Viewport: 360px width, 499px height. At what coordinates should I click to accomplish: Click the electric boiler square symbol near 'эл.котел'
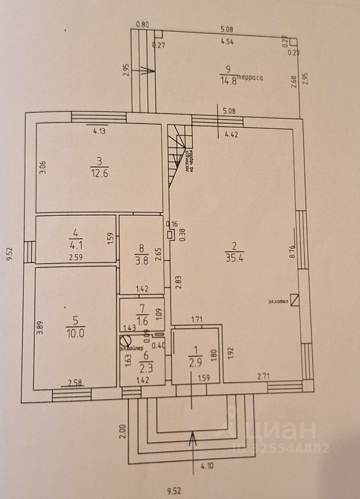(295, 300)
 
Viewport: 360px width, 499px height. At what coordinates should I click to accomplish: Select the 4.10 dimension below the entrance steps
(208, 466)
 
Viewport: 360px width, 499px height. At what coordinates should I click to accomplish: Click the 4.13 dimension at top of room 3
(100, 131)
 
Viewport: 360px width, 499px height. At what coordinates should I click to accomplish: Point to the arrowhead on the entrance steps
(194, 437)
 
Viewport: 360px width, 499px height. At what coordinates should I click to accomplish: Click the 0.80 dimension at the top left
(142, 24)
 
